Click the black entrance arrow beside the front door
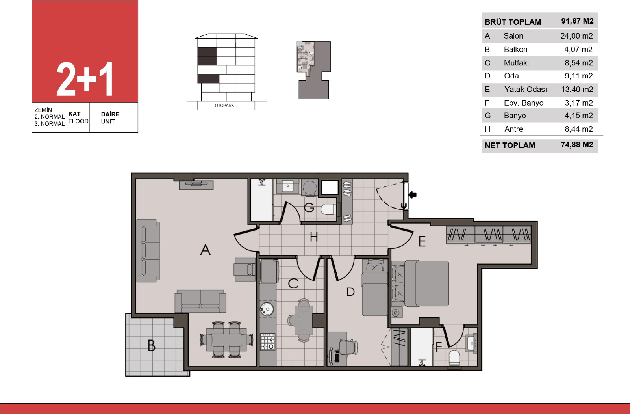point(412,195)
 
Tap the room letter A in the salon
point(205,250)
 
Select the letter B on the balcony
point(152,345)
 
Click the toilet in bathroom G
point(328,209)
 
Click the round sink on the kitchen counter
point(267,310)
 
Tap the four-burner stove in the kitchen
point(268,341)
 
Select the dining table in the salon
point(226,339)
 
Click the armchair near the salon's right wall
point(245,270)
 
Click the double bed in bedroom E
point(421,283)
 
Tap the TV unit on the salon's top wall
point(196,185)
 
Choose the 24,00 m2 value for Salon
point(576,36)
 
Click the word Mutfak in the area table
point(515,63)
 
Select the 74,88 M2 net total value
point(577,145)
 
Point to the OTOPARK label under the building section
point(224,106)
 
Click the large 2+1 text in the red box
point(85,79)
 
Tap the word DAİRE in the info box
point(110,114)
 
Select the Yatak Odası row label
point(525,90)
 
